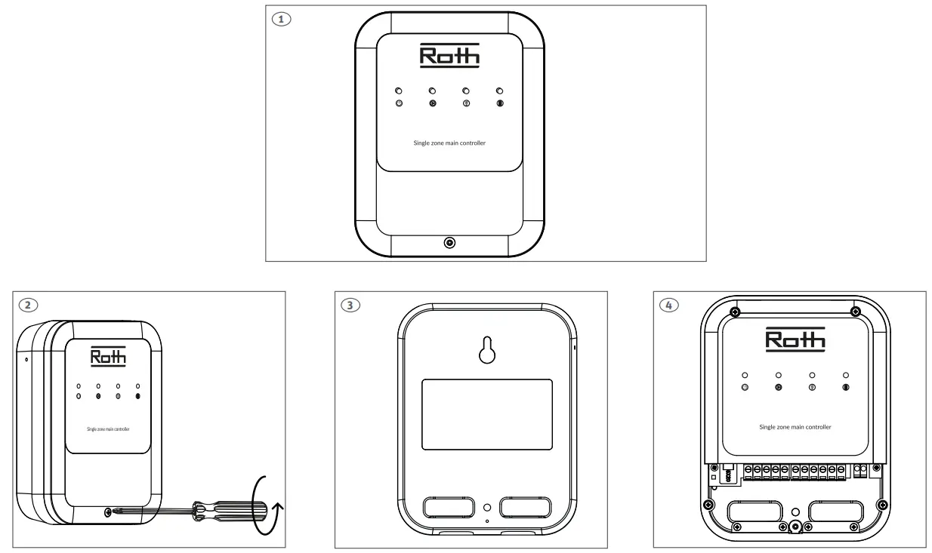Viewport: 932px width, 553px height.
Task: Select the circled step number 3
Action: (x=350, y=305)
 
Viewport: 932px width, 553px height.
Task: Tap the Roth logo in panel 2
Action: (x=108, y=356)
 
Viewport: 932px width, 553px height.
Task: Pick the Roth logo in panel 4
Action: (x=795, y=339)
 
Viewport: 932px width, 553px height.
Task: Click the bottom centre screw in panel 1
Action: (x=449, y=243)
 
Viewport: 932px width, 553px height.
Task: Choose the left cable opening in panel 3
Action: (x=449, y=507)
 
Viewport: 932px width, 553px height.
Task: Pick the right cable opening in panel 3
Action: (x=527, y=507)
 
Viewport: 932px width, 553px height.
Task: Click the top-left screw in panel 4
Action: (x=734, y=311)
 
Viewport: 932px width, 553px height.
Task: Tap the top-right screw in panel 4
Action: (x=855, y=311)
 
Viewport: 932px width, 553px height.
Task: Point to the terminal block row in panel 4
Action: (x=794, y=471)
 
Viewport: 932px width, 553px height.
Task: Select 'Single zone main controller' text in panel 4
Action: (x=795, y=427)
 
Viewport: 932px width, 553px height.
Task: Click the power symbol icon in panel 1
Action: (x=399, y=103)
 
